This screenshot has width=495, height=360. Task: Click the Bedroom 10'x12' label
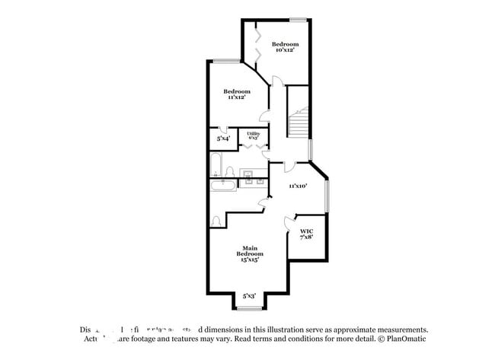click(286, 47)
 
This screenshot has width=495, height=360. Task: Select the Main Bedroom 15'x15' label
click(250, 253)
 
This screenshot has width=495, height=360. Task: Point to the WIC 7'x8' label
click(306, 234)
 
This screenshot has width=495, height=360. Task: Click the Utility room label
click(254, 135)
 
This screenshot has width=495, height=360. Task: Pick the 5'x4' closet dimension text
click(223, 139)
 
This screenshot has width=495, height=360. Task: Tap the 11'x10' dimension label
click(297, 185)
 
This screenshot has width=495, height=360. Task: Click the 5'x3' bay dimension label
click(249, 295)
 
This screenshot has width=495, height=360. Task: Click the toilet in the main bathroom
click(216, 221)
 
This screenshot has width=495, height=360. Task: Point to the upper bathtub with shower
click(215, 165)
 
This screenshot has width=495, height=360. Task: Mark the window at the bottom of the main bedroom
click(249, 308)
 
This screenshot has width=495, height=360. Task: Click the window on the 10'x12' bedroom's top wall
click(298, 19)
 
